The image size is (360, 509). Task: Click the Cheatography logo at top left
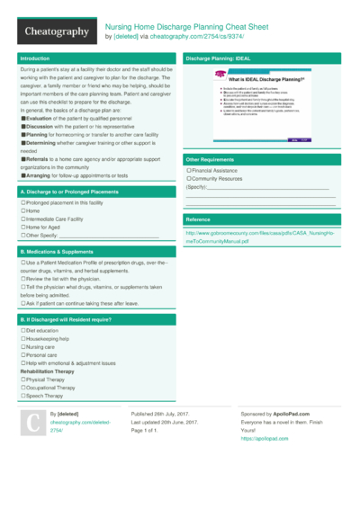tap(56, 31)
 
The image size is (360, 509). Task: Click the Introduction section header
tap(35, 58)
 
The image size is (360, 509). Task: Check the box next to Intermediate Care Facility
tap(22, 219)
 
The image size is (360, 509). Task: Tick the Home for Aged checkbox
tap(22, 227)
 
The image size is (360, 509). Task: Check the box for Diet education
tap(22, 331)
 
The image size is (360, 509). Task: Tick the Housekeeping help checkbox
tap(22, 339)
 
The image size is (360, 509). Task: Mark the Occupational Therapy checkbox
tap(22, 388)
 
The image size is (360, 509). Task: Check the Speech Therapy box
tap(22, 396)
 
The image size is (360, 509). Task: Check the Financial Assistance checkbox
tap(188, 169)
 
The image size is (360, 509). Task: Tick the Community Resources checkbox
tap(188, 178)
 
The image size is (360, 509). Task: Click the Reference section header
tap(198, 219)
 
